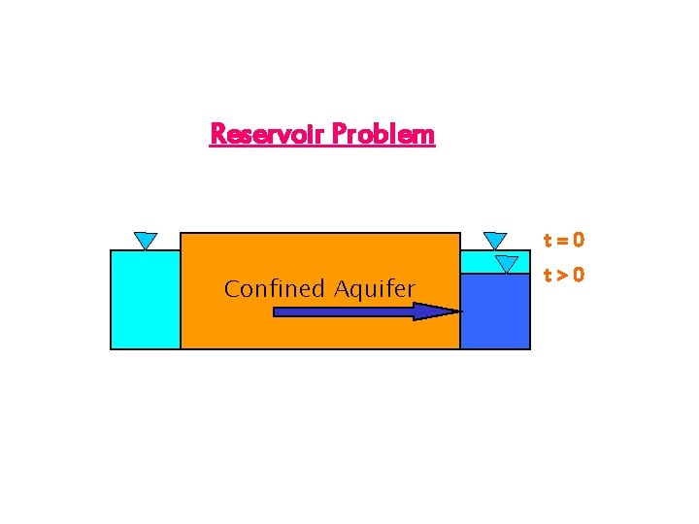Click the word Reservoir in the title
click(x=268, y=134)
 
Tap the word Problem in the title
click(x=383, y=134)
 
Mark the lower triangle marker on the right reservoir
click(x=506, y=264)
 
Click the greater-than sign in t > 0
click(x=562, y=275)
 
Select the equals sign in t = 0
click(x=562, y=240)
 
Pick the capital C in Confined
click(x=231, y=288)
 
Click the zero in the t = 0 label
click(x=578, y=240)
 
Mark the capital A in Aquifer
click(x=341, y=288)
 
